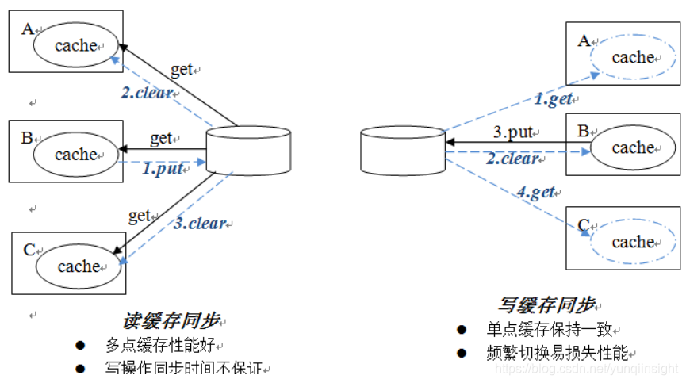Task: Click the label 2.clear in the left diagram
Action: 147,93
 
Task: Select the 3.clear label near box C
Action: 201,224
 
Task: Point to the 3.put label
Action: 512,132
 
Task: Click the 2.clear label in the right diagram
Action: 512,159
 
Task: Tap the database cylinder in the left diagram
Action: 248,151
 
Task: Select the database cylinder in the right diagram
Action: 402,151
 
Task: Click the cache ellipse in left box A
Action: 76,45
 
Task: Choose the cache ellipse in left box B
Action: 76,155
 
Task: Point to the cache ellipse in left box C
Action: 79,266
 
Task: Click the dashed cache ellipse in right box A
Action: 633,57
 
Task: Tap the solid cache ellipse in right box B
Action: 633,147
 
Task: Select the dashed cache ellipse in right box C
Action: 633,242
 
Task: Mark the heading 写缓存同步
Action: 548,305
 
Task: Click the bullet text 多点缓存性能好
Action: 165,346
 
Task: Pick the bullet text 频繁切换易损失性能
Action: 561,353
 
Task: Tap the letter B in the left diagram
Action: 27,138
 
